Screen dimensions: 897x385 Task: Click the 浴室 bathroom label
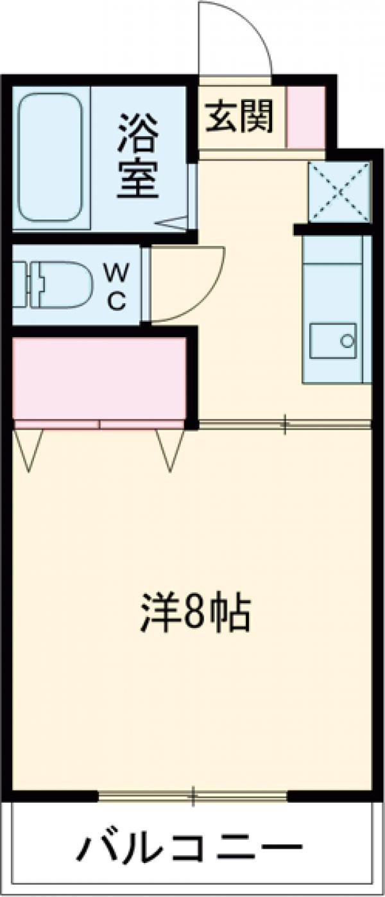pos(137,155)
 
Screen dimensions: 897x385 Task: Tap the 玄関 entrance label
pos(239,116)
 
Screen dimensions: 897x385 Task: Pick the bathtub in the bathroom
pos(50,157)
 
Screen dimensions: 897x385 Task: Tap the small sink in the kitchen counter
pos(332,340)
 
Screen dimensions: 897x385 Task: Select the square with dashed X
pos(339,191)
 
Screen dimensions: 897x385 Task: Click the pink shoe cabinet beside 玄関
pos(305,116)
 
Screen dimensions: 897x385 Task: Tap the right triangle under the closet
pos(170,448)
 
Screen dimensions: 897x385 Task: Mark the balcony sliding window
pos(193,797)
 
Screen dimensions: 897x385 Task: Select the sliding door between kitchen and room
pos(284,424)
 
